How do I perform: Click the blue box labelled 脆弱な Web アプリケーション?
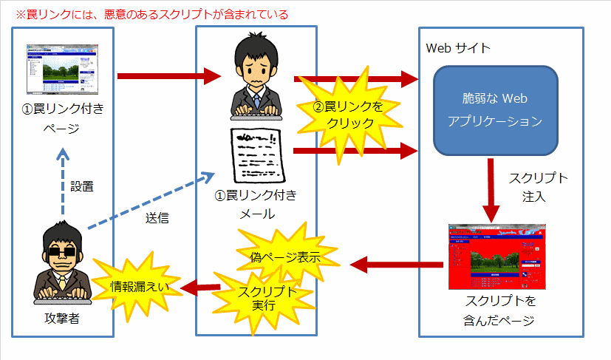click(x=495, y=109)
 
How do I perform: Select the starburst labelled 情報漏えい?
click(x=139, y=287)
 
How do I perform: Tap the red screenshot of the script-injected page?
click(x=500, y=256)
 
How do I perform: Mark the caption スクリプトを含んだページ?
click(x=500, y=310)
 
